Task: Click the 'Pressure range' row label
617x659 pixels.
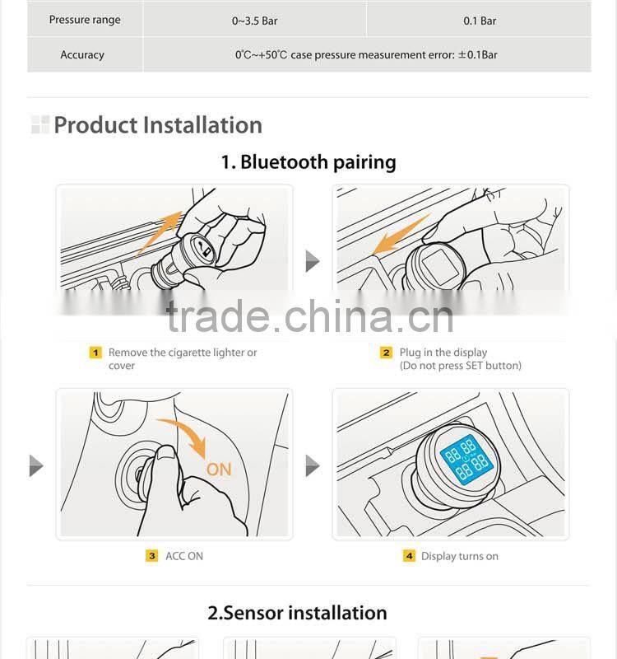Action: click(x=85, y=20)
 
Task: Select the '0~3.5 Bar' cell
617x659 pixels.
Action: click(x=255, y=21)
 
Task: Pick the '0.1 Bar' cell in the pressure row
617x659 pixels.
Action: click(x=480, y=21)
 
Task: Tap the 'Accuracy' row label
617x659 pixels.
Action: click(x=82, y=55)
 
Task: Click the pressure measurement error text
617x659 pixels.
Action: click(x=366, y=55)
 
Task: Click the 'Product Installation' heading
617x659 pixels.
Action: click(x=158, y=125)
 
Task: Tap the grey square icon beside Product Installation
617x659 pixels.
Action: click(x=39, y=125)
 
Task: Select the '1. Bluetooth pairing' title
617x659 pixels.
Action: click(x=308, y=162)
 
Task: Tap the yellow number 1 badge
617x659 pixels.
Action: click(x=95, y=353)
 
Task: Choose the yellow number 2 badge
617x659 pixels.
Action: click(x=386, y=353)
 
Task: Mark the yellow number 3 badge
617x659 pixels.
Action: click(x=151, y=556)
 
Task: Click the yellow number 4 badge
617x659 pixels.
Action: click(x=409, y=556)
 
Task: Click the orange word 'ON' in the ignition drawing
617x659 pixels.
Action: click(x=219, y=470)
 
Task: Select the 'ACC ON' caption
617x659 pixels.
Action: click(x=184, y=556)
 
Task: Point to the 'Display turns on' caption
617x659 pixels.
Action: click(x=460, y=556)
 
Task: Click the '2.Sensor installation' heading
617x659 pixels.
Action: click(x=297, y=613)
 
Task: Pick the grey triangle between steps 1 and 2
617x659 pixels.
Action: click(x=312, y=262)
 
